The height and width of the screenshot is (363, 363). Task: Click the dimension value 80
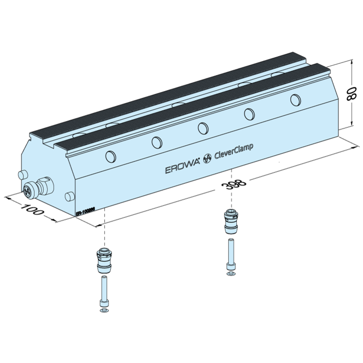tap(352, 93)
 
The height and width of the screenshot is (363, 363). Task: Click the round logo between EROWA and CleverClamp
tap(207, 157)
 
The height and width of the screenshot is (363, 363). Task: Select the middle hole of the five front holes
tap(202, 128)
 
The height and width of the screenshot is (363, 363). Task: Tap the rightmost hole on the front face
tap(295, 99)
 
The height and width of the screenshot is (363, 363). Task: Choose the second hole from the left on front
tap(157, 142)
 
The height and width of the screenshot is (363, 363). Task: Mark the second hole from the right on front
tap(249, 114)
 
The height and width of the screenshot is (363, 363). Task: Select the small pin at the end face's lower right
tap(68, 197)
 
